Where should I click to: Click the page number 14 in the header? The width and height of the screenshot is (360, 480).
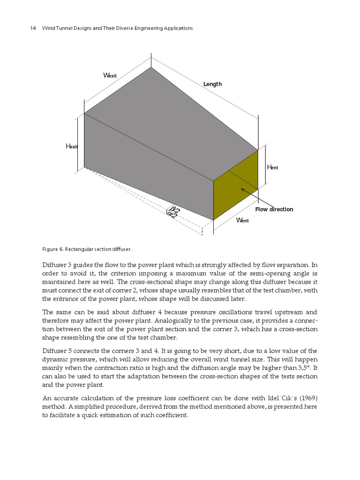[33, 28]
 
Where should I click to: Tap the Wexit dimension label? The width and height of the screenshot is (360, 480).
[109, 75]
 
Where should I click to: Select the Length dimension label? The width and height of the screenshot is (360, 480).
[212, 84]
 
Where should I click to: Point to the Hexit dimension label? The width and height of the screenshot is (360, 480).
[72, 147]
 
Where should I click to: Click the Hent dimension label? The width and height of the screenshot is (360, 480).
[272, 167]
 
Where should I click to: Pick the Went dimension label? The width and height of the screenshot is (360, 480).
[243, 220]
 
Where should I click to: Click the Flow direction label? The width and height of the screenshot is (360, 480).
[274, 209]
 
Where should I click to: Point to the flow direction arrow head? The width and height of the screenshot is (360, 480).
[242, 189]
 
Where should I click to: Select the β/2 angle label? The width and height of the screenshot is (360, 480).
[175, 210]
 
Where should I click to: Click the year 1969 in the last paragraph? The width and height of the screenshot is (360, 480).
[308, 398]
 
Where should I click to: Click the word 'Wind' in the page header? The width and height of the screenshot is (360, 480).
[49, 28]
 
